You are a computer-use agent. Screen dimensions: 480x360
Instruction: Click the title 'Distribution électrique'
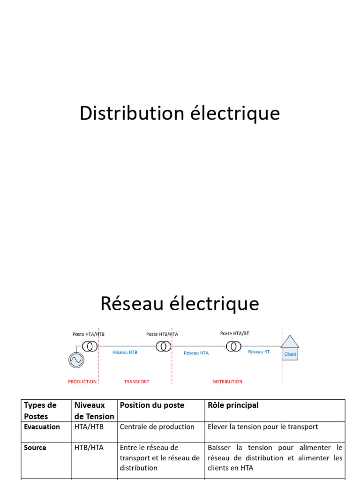point(180,113)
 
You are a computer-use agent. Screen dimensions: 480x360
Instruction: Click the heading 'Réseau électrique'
point(180,304)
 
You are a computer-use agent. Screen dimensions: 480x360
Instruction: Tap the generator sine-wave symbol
point(75,360)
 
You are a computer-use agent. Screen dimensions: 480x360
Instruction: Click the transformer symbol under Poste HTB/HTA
point(164,346)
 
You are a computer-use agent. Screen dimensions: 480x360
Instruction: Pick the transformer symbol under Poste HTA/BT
point(233,346)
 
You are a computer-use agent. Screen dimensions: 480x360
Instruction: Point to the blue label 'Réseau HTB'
point(125,352)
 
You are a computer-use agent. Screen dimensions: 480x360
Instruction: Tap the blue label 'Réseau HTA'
point(196,353)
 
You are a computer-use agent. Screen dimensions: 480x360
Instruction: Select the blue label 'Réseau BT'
point(259,352)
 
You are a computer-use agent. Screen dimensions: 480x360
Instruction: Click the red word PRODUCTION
point(82,382)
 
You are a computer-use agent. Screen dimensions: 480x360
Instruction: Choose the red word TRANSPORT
point(136,382)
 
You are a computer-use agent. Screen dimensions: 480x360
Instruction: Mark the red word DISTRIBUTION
point(227,382)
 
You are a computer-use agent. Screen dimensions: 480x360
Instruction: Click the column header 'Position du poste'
point(152,405)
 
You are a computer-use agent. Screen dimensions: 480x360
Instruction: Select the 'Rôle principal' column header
point(233,405)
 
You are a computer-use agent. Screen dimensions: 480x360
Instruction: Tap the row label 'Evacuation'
point(42,427)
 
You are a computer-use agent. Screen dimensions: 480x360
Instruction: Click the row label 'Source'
point(35,448)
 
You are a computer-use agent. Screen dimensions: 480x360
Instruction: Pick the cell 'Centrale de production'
point(157,427)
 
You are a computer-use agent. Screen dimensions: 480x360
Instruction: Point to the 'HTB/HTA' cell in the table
point(89,448)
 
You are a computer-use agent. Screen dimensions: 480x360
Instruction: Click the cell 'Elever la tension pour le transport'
point(263,427)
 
